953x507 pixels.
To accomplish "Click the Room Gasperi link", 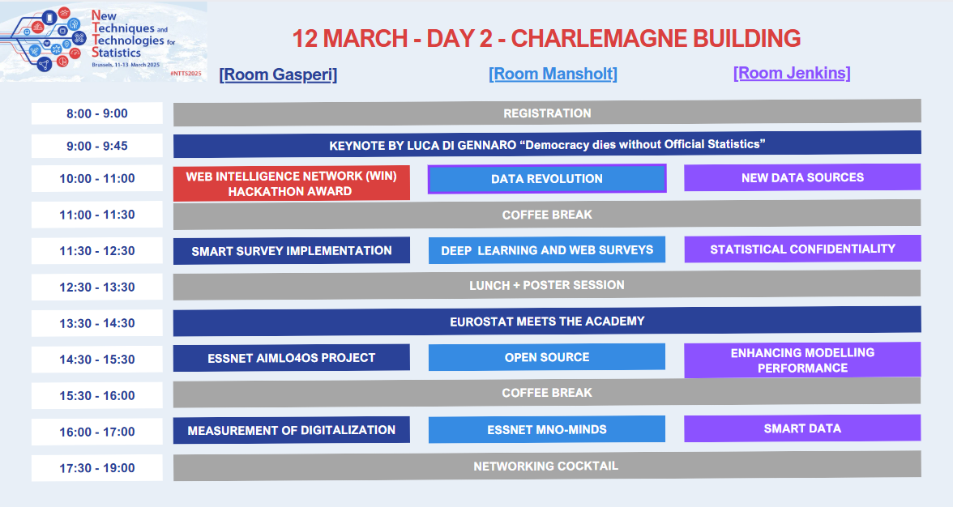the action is tap(278, 75).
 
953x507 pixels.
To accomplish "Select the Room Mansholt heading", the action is tap(553, 74).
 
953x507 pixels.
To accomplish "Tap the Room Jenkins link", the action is tap(791, 73).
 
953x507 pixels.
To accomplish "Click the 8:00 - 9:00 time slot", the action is tap(97, 113).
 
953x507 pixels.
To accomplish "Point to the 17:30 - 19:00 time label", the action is tap(97, 468).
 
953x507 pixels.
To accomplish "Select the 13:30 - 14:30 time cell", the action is tap(97, 323).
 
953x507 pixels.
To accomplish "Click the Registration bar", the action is tap(547, 113).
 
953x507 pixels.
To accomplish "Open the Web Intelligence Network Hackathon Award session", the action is tap(292, 183).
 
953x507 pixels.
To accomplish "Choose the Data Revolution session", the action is tap(547, 178).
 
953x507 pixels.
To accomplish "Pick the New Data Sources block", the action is tap(802, 177).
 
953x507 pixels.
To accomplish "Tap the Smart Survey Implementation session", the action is tap(292, 251).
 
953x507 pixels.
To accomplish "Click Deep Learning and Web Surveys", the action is tap(547, 249).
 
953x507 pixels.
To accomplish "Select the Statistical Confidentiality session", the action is tap(802, 249).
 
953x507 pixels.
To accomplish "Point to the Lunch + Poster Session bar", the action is tap(547, 285).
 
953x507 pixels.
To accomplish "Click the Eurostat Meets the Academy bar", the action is tap(547, 322).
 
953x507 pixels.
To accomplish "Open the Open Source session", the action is tap(547, 357).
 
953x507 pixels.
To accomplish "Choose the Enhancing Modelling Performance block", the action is tap(802, 360).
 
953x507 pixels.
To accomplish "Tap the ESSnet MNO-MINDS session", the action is tap(547, 429).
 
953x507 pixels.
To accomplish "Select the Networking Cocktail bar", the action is tap(547, 466).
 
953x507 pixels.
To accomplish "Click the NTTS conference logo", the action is tap(104, 41).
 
